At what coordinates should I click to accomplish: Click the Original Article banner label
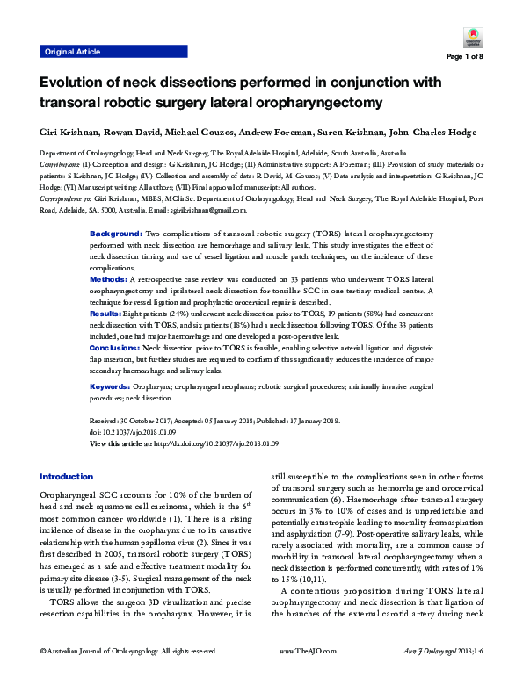(71, 52)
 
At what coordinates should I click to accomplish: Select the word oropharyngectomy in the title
(299, 103)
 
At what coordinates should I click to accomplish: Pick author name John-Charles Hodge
(432, 133)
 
